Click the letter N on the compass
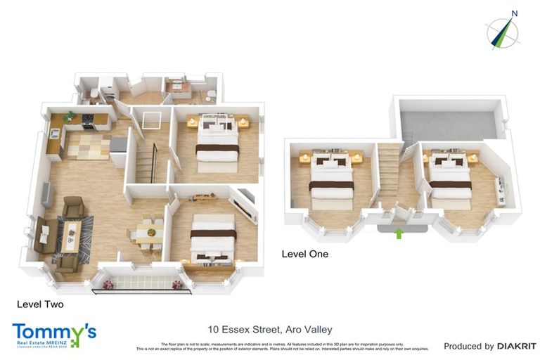515,13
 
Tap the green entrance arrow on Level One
399,232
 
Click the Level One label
304,254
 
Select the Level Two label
40,304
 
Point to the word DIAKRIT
517,346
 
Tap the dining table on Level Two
148,233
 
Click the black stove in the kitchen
89,121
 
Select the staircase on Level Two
146,163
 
